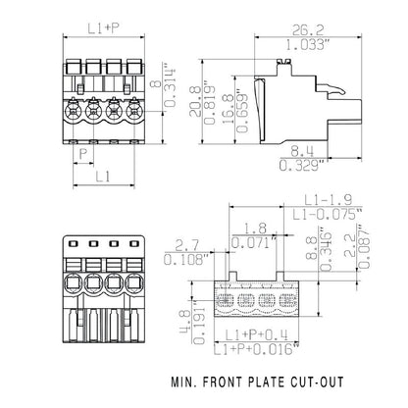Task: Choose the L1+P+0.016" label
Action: [x=260, y=348]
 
